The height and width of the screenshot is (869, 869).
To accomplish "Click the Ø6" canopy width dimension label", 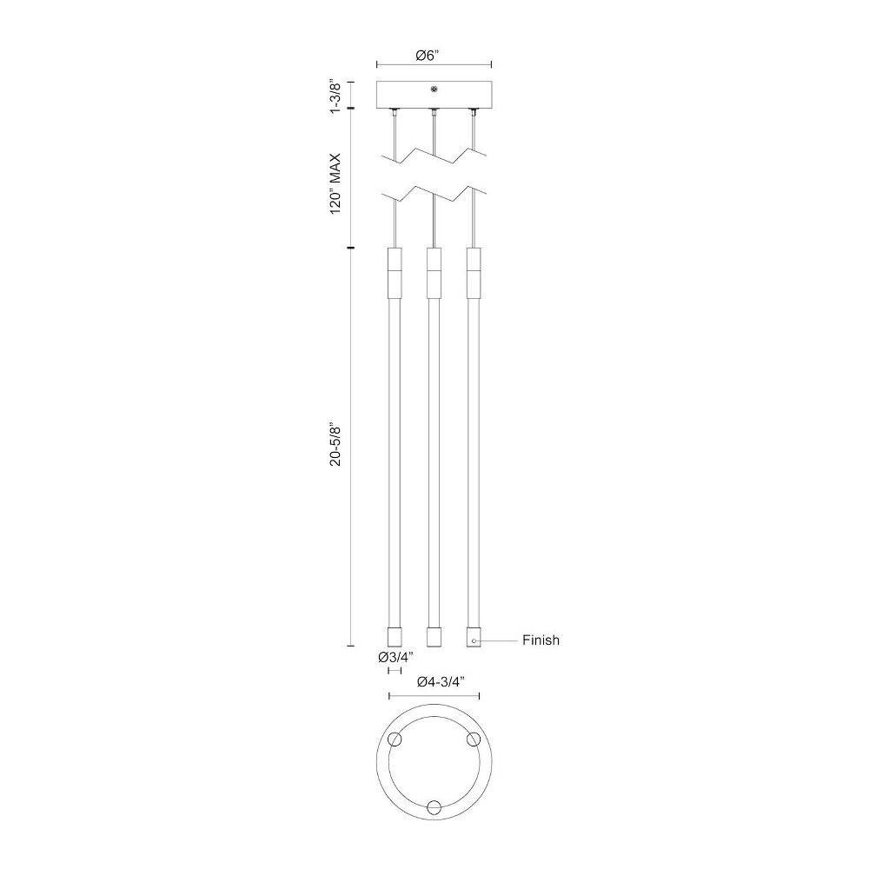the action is tap(428, 56).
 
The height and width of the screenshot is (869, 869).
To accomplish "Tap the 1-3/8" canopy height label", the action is tap(335, 96).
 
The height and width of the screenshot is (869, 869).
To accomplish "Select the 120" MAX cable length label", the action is tap(335, 184).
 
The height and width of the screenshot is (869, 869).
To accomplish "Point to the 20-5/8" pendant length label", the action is tap(335, 446).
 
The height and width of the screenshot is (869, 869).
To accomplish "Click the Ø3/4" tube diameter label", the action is tap(395, 657).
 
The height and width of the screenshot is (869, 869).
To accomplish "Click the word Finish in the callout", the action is tap(541, 640).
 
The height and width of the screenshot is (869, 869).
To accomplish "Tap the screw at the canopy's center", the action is tap(434, 89).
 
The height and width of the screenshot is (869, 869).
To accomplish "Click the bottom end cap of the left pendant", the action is tap(394, 637).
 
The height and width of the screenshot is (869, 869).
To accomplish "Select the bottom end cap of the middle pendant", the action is tap(434, 637).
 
